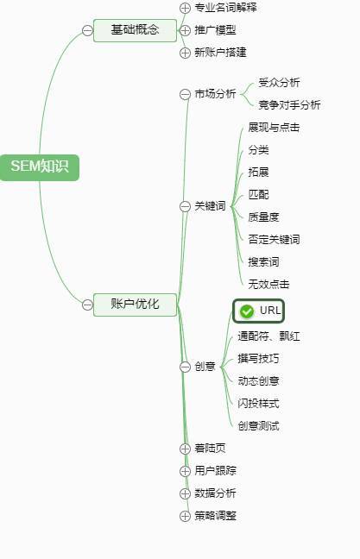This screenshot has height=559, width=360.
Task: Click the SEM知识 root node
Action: (39, 167)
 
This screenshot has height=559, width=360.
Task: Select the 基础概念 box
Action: (135, 30)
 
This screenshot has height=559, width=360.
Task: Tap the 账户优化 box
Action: (135, 305)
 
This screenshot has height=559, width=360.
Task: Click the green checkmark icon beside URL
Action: (247, 311)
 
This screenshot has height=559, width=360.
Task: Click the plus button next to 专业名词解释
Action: (185, 8)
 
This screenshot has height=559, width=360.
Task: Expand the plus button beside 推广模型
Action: (185, 30)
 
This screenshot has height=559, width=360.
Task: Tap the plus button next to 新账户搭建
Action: (185, 53)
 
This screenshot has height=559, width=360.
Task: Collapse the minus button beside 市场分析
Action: (185, 94)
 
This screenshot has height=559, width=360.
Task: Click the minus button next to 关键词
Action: (185, 206)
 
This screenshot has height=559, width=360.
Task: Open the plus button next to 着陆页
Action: (185, 449)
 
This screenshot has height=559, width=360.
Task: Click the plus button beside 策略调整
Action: (185, 516)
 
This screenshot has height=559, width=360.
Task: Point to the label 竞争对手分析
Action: (289, 105)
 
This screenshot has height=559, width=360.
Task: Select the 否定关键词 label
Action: (274, 239)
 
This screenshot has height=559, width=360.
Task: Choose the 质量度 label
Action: (263, 217)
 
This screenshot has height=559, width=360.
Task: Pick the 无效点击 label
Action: (268, 284)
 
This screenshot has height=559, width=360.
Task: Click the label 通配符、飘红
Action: (268, 336)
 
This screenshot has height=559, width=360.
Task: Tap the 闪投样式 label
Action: (258, 403)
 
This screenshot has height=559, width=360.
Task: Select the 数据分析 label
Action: (215, 493)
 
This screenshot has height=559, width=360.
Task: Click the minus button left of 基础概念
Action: (87, 30)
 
